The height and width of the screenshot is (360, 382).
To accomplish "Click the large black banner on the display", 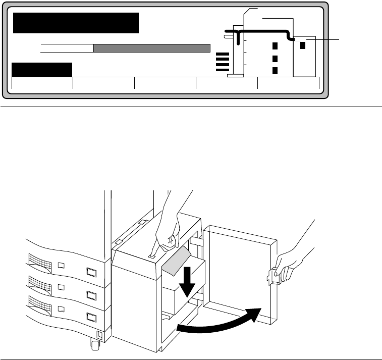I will pyautogui.click(x=76, y=23).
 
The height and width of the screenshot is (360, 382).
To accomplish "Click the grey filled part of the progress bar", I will pyautogui.click(x=151, y=48).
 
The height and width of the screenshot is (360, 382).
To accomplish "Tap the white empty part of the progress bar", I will pyautogui.click(x=67, y=48).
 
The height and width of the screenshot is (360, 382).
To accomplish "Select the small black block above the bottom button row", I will pyautogui.click(x=42, y=70).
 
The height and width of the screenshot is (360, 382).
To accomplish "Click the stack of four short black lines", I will pyautogui.click(x=222, y=62).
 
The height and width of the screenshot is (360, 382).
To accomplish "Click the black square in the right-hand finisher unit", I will pyautogui.click(x=303, y=45).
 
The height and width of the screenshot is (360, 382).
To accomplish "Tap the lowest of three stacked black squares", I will pyautogui.click(x=275, y=70).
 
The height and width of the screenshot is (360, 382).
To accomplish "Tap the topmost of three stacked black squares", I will pyautogui.click(x=275, y=46).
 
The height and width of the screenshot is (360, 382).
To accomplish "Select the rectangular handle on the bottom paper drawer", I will pyautogui.click(x=92, y=317).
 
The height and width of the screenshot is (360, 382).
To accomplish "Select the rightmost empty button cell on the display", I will pyautogui.click(x=288, y=83).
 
